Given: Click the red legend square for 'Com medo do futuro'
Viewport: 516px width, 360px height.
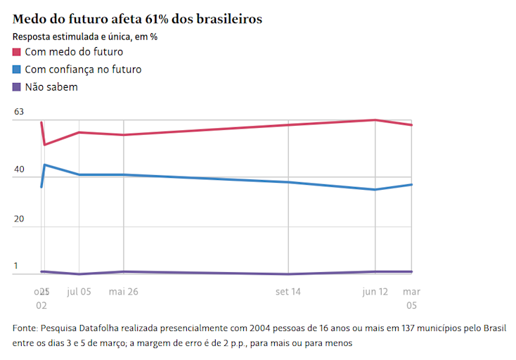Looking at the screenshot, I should (x=17, y=52).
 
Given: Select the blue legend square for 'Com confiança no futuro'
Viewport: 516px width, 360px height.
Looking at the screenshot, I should (x=17, y=70).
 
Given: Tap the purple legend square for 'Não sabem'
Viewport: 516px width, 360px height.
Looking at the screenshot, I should (x=17, y=87).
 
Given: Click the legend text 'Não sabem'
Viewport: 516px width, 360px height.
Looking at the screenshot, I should (x=51, y=87).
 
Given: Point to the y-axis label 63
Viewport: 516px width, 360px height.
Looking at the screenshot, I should (x=19, y=112).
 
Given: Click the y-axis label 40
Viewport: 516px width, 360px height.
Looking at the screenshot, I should (x=19, y=169).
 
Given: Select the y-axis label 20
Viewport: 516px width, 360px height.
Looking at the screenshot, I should (x=19, y=219).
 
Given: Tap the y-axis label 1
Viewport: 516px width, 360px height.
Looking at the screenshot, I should (x=16, y=266).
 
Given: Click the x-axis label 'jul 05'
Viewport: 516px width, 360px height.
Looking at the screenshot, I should (x=79, y=291).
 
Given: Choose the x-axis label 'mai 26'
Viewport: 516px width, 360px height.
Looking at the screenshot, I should (x=123, y=291).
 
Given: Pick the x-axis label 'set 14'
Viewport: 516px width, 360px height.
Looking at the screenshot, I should (x=288, y=291).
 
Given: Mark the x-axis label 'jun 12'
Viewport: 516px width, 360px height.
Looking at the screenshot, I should (x=375, y=291).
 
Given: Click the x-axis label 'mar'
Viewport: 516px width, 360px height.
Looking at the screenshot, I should (x=411, y=291).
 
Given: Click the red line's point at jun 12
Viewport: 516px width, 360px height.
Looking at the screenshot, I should (x=375, y=120).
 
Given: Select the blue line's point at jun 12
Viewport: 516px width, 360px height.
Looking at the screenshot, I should (x=375, y=190).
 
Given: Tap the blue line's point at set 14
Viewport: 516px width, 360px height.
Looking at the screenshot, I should (x=289, y=182).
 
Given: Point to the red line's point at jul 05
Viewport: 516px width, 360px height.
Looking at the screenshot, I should (x=79, y=132).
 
